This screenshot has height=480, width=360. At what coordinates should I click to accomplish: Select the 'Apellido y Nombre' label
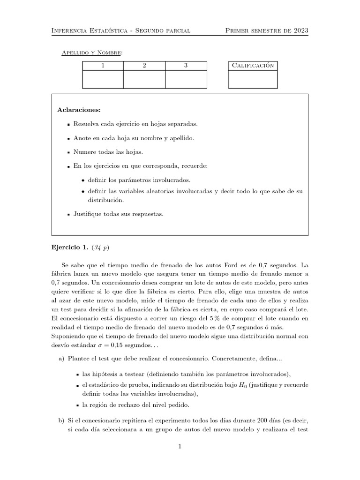tap(92, 52)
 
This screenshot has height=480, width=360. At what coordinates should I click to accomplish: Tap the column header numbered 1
tap(103, 66)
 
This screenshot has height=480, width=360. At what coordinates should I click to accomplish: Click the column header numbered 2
tap(144, 66)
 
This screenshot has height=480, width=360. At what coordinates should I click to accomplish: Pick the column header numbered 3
tap(186, 66)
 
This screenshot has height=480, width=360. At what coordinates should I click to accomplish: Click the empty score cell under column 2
tap(144, 80)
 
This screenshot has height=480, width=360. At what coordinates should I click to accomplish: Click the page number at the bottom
tap(180, 447)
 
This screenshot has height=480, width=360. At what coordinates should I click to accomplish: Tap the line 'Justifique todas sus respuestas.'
tap(118, 214)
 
